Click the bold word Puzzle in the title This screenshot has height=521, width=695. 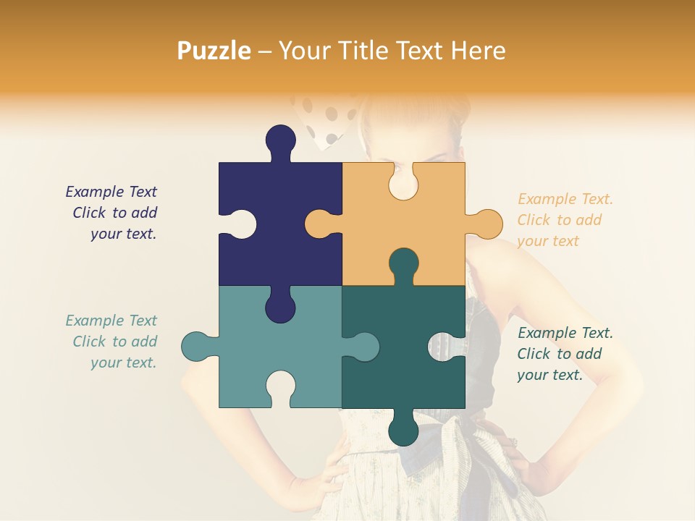[214, 51]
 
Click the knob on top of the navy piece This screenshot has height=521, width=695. [280, 141]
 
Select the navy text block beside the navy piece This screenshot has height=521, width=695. [112, 213]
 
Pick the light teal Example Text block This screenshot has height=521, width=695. [112, 342]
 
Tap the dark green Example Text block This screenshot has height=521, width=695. [564, 354]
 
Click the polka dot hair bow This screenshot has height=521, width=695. [326, 119]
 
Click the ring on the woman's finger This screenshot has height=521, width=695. [515, 442]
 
